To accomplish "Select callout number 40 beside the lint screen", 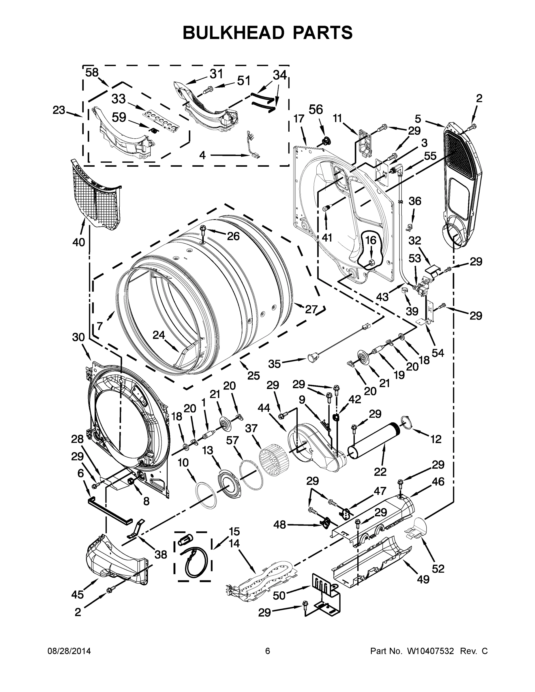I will click(79, 242).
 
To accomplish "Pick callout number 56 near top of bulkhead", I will click(316, 110).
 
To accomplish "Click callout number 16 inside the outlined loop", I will click(371, 240).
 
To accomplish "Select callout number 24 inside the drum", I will click(159, 335).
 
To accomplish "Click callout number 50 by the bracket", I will click(279, 595).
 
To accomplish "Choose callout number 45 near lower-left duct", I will click(78, 595).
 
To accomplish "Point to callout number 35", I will click(275, 364).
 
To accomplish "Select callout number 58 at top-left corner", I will click(92, 73).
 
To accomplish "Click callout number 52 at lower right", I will click(438, 569).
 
